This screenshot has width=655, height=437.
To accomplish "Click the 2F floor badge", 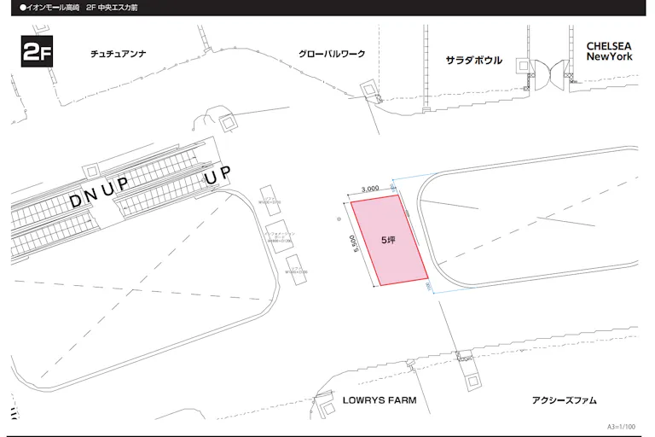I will coord(37,52).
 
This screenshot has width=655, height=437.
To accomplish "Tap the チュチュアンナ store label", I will coord(119,54).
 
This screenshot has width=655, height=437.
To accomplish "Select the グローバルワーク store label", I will coord(332,54).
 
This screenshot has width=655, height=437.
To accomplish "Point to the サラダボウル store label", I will coord(474,61).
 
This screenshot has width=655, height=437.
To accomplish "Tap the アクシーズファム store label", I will coord(564,399).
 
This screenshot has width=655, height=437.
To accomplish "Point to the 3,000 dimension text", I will coord(370,189).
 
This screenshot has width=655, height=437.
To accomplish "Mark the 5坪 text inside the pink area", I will coord(388,241).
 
